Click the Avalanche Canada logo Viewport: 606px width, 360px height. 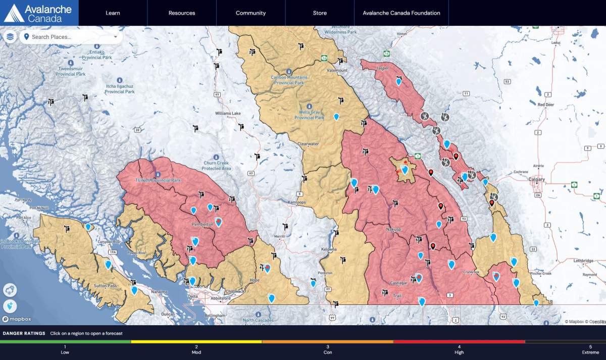click(x=38, y=13)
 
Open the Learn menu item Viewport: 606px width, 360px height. click(x=113, y=13)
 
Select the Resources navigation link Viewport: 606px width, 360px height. click(x=182, y=13)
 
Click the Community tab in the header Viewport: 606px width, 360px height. click(x=250, y=13)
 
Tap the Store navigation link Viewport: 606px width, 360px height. click(x=320, y=13)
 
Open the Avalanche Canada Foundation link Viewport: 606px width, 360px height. click(x=401, y=13)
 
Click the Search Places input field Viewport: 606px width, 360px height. click(x=71, y=37)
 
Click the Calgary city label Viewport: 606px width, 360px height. click(x=536, y=179)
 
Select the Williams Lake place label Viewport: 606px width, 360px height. click(x=228, y=114)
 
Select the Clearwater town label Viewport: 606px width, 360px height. click(x=308, y=144)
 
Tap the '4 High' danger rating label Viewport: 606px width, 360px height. click(x=459, y=349)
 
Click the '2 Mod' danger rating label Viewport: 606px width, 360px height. click(x=196, y=349)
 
